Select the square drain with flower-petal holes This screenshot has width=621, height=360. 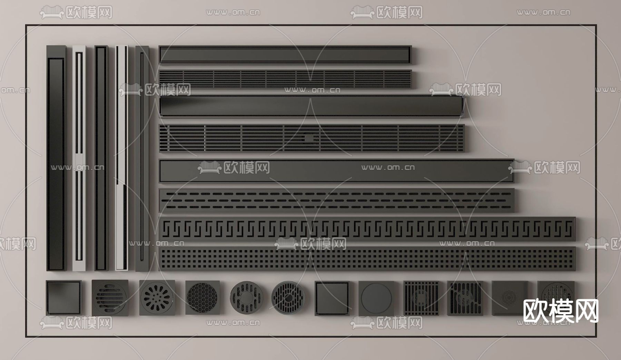157,297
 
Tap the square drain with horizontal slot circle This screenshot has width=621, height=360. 110,297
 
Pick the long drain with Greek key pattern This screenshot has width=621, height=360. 367,228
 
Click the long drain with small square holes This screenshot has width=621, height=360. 367,258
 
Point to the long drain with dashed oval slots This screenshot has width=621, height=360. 337,200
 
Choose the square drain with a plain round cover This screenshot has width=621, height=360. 376,298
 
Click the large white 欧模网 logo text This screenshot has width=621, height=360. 561,311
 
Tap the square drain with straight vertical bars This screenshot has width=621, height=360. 421,298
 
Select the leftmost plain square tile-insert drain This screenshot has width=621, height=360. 64,298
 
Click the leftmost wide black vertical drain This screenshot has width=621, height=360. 56,158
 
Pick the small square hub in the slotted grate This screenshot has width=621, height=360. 309,138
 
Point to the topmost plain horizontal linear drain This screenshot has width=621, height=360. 285,54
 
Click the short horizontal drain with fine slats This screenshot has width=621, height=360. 285,79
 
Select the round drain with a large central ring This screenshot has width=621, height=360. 246,297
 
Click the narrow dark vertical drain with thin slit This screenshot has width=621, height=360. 142,158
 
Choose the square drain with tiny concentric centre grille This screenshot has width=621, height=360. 510,298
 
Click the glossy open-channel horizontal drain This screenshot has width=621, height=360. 312,106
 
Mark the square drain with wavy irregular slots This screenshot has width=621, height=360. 465,298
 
